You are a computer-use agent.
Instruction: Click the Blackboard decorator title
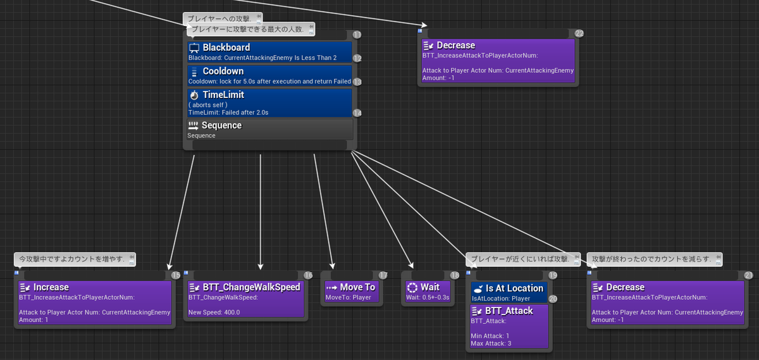click(226, 47)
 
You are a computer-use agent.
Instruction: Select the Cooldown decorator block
click(269, 75)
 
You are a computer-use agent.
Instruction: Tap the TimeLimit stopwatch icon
click(194, 95)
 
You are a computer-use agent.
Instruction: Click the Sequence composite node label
click(221, 125)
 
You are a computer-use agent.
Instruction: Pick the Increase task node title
click(51, 287)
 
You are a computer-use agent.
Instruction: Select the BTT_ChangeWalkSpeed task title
click(252, 287)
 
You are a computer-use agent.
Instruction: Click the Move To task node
click(352, 292)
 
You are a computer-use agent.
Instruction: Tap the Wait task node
click(428, 292)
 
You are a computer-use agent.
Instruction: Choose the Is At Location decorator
click(509, 292)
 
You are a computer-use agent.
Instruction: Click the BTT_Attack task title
click(509, 311)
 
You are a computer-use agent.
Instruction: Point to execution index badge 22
click(579, 34)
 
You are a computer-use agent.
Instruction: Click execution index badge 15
click(176, 275)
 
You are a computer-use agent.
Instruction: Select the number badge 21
click(748, 275)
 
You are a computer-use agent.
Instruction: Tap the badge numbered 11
click(357, 35)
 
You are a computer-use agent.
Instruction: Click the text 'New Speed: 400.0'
click(214, 312)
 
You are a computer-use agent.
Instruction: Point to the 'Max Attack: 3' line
click(491, 344)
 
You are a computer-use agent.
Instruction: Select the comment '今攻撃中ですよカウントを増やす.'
click(75, 259)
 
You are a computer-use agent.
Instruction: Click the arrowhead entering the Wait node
click(410, 266)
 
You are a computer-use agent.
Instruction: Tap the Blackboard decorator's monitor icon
click(194, 48)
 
